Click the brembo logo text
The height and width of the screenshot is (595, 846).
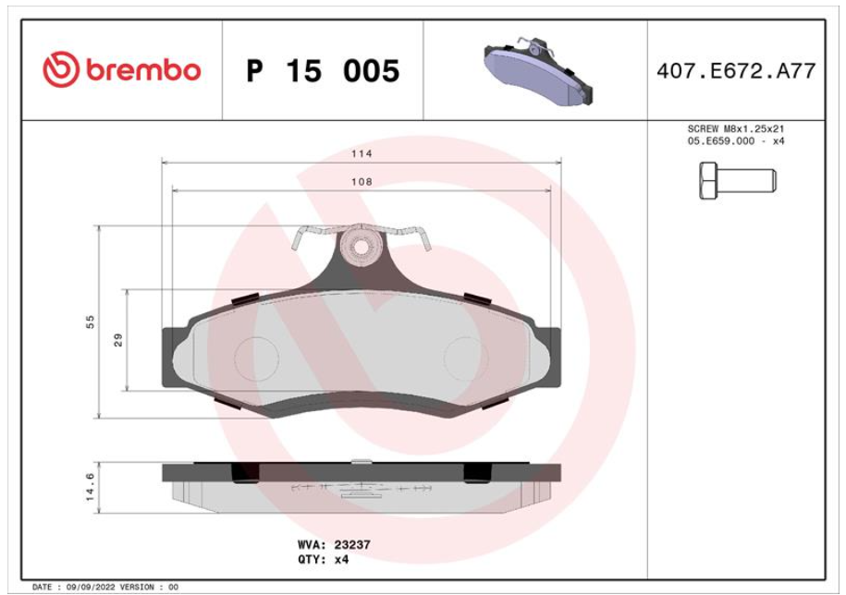143,70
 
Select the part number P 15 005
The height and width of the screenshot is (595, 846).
323,70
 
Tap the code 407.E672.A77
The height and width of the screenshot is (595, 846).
736,71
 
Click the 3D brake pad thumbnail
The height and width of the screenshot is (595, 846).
538,70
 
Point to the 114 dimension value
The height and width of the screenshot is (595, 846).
362,153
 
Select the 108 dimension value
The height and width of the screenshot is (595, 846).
362,182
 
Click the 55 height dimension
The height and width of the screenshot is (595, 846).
90,322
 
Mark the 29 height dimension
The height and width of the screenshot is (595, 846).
118,340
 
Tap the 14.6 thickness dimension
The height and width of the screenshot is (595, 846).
90,487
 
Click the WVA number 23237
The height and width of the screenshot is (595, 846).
352,545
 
